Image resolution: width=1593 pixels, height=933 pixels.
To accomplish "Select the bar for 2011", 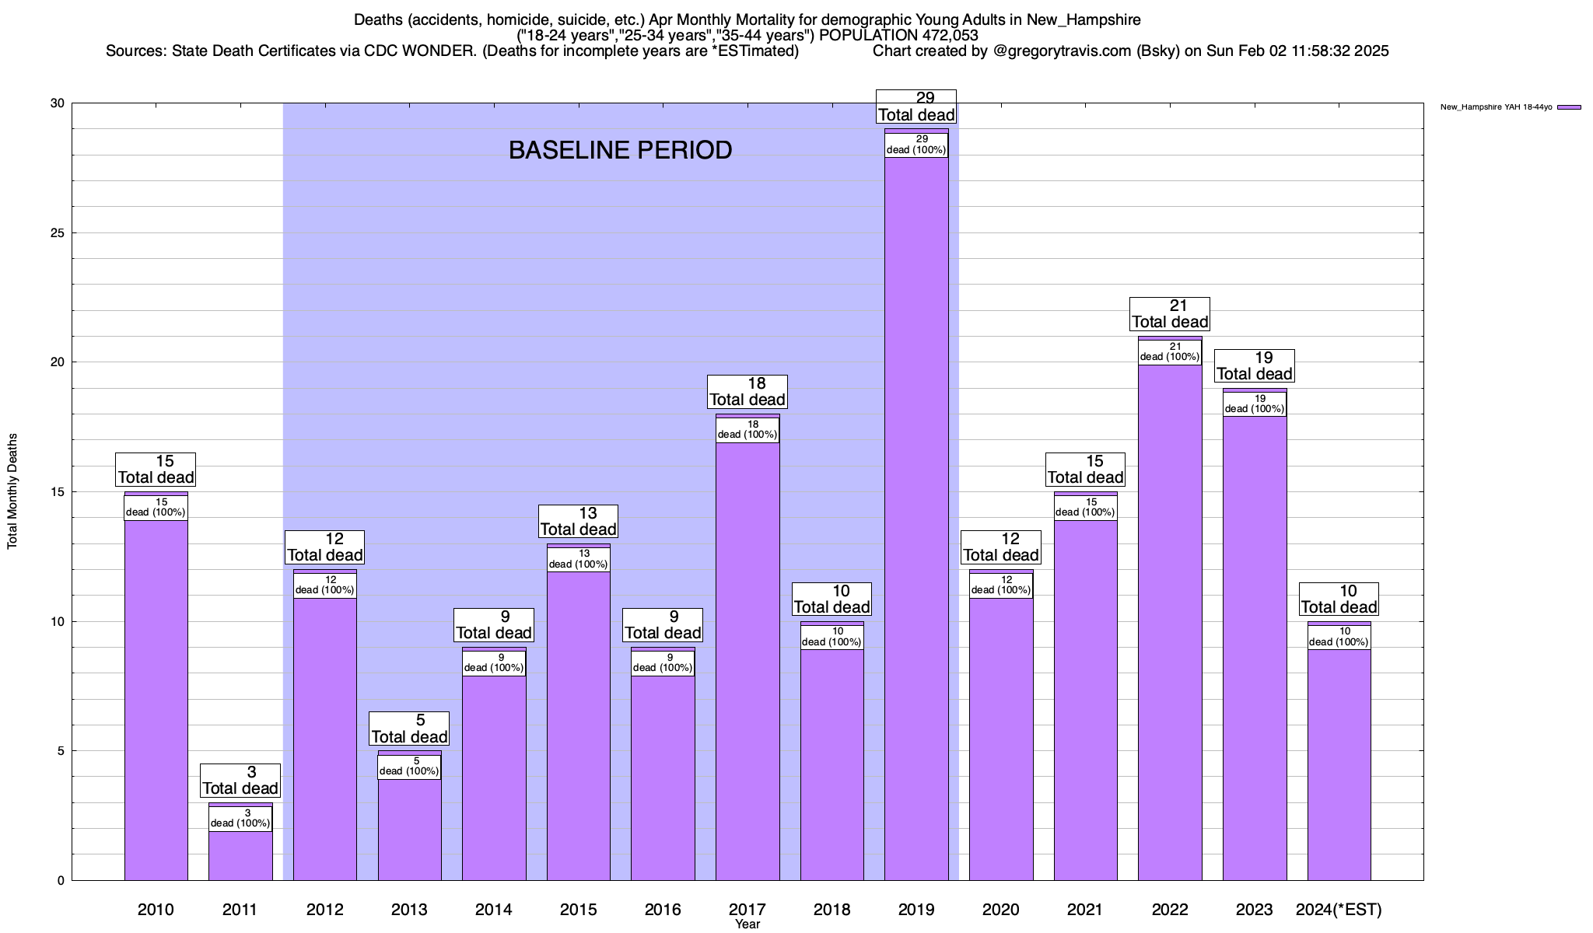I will [x=240, y=855].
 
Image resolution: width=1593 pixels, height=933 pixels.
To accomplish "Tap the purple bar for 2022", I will [x=1170, y=622].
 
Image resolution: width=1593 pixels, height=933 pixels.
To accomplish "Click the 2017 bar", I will [x=747, y=661].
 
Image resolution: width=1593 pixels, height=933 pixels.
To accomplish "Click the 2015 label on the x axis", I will [x=578, y=909].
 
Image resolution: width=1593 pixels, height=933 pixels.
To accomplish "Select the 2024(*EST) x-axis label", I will [x=1339, y=909].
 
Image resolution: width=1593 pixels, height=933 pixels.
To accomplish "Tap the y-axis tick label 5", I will [x=61, y=751].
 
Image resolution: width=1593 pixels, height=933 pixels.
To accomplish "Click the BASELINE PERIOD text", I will [x=620, y=150].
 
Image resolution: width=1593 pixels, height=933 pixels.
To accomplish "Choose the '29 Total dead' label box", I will [x=916, y=107].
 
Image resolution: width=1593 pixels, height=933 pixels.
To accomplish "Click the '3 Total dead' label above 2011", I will [x=240, y=781].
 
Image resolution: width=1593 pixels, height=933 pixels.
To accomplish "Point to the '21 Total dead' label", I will [x=1170, y=314].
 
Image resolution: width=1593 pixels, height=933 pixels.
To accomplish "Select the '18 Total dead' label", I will [x=747, y=392].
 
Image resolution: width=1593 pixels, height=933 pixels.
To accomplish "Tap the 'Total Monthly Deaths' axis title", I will [x=12, y=491].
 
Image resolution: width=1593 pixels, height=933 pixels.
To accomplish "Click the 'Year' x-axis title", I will [x=747, y=924].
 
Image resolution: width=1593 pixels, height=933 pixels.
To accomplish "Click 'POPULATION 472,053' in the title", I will [x=898, y=35].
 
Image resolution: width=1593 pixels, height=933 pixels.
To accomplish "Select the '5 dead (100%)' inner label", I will [x=410, y=767].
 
